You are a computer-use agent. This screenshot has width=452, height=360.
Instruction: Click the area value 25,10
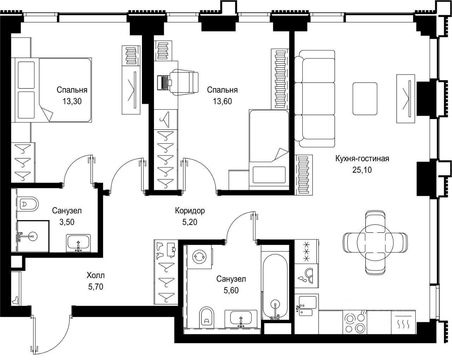coord(362,170)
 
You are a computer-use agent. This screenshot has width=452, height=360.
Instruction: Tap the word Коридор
coord(190,211)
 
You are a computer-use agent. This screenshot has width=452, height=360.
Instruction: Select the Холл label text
coord(96,275)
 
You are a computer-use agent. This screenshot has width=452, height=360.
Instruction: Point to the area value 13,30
coord(72,101)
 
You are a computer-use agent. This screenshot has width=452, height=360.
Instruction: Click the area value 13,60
coord(222,101)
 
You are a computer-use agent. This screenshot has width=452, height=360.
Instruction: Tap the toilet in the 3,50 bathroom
coord(28,203)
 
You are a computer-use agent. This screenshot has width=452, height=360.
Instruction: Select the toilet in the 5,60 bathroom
coord(207,318)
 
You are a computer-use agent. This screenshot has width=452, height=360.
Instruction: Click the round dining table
coord(375,242)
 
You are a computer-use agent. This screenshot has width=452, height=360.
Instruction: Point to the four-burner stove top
coord(355,323)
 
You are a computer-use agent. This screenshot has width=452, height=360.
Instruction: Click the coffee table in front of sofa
coord(365,99)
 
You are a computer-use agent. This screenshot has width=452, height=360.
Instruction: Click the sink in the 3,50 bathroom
coord(78,243)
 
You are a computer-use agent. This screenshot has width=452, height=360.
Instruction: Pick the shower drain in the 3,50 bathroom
coord(33,236)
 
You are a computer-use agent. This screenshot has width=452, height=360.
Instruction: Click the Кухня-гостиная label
coord(362,159)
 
